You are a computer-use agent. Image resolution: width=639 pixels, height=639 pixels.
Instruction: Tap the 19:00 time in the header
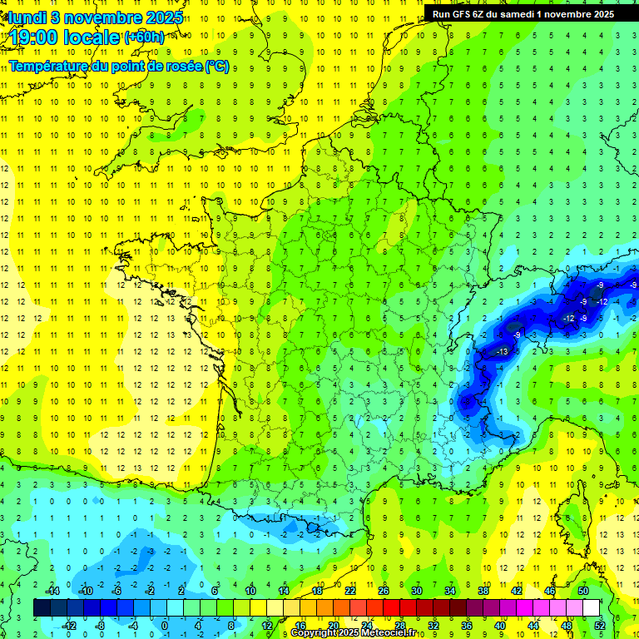37,37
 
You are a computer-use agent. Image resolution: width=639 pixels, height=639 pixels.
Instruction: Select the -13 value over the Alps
502,353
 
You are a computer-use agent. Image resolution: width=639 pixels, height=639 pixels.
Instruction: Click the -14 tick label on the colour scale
52,591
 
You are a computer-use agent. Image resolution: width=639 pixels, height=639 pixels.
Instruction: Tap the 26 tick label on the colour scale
384,591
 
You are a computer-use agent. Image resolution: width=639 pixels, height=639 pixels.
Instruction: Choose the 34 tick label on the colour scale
450,591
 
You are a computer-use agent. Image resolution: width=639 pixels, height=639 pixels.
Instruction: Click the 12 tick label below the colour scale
266,625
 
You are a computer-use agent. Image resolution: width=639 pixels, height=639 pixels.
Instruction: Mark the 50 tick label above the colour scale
583,591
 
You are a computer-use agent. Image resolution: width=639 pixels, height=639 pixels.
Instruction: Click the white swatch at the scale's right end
592,607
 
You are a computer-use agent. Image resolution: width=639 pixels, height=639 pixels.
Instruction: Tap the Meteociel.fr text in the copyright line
390,633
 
